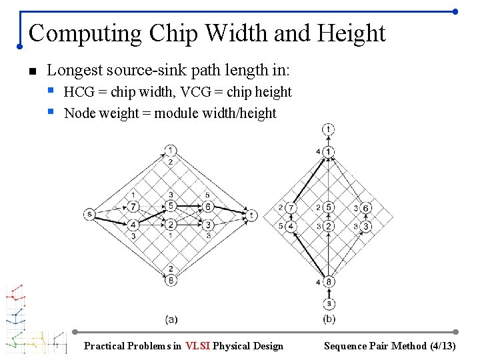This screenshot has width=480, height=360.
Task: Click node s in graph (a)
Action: click(x=89, y=213)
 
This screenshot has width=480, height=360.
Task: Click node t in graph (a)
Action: click(x=251, y=215)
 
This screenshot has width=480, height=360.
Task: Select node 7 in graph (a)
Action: click(x=134, y=206)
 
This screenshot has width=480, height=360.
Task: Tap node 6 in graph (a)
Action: click(x=208, y=207)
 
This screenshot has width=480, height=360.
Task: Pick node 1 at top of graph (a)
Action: click(x=171, y=150)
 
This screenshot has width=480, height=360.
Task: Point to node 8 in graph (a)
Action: click(x=171, y=280)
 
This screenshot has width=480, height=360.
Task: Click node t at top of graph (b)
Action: click(x=329, y=129)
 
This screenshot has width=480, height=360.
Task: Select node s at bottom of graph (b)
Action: click(x=329, y=304)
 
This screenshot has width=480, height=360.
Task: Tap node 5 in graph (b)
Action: click(x=329, y=207)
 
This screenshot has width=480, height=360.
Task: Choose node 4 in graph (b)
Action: click(x=291, y=227)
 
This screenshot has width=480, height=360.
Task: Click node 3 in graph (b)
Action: click(x=366, y=227)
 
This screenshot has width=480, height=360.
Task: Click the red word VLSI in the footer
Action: click(x=198, y=346)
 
